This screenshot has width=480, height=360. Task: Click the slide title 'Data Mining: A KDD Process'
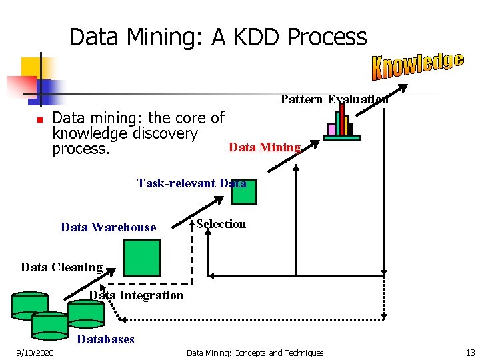[x=218, y=37]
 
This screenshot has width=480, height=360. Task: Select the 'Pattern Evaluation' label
[x=334, y=99]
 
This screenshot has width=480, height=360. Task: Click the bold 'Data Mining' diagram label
[x=265, y=147]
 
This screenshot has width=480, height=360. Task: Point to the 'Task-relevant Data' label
[x=191, y=183]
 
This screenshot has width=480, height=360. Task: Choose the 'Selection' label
[x=221, y=224]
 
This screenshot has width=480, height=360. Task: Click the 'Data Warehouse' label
[x=108, y=227]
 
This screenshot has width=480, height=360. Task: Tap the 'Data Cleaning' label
[x=61, y=267]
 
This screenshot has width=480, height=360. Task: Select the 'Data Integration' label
[x=136, y=295]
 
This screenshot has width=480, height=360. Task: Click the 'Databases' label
[x=105, y=339]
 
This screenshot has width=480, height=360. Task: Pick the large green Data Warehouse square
[x=143, y=257]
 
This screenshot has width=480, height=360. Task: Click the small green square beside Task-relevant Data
[x=244, y=191]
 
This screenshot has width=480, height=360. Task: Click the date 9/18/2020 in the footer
[x=36, y=353]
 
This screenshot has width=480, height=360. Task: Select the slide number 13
[x=470, y=353]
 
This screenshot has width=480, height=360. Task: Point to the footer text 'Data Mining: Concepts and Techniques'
[x=255, y=353]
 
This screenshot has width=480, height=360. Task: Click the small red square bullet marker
[x=39, y=119]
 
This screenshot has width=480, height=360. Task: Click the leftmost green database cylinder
[x=29, y=305]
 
